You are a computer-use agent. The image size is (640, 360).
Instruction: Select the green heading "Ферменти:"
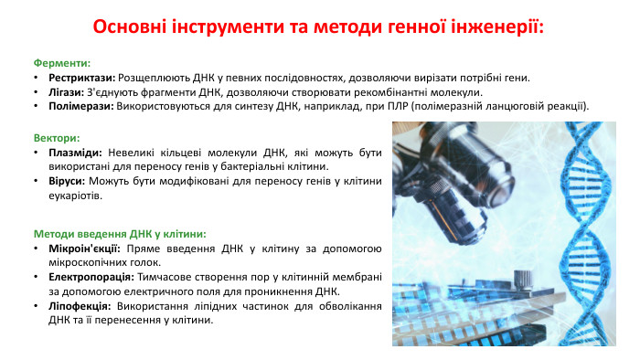tap(61, 63)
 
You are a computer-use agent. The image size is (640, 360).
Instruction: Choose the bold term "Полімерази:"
tap(80, 106)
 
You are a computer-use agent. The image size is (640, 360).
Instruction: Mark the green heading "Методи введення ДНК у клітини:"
tap(119, 233)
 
